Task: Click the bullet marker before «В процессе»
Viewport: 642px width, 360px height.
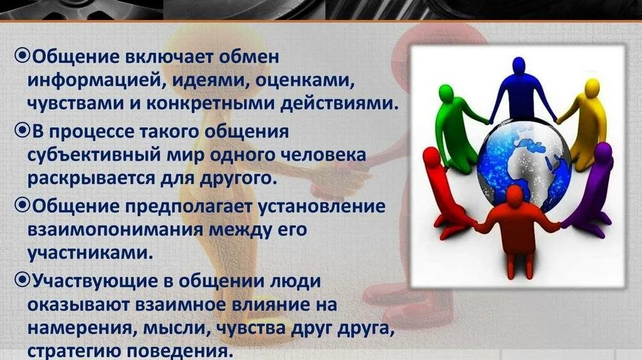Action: (21, 132)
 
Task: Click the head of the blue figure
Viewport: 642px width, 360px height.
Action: (517, 65)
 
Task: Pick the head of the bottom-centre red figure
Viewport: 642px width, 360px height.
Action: (515, 195)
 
